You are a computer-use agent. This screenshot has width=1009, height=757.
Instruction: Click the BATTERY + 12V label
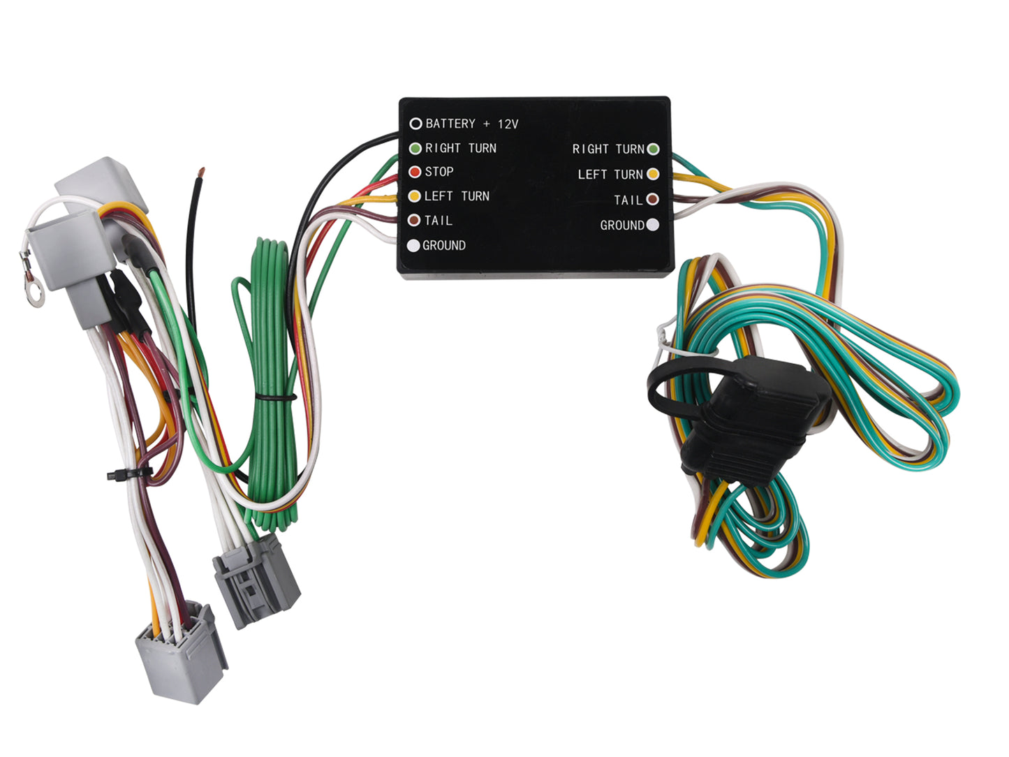click(x=471, y=124)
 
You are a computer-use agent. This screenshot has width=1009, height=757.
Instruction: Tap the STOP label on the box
click(x=439, y=172)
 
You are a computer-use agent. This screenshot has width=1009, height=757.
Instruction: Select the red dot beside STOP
click(x=415, y=172)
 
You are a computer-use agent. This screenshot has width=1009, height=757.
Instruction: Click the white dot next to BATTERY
click(x=415, y=124)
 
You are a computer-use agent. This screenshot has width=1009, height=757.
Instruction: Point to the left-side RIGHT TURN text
click(x=461, y=148)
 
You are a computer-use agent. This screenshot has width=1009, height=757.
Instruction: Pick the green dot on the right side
click(x=653, y=149)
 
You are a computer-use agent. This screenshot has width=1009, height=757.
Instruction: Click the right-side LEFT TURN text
click(x=610, y=175)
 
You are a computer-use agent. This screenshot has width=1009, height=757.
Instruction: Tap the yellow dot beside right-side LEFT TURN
click(x=653, y=174)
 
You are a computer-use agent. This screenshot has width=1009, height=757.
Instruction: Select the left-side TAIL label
click(x=439, y=221)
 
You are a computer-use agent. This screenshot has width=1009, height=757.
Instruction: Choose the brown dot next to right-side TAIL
click(x=653, y=200)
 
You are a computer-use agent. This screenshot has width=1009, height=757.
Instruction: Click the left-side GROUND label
click(x=444, y=246)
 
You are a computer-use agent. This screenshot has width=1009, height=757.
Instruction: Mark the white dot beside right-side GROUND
click(x=653, y=225)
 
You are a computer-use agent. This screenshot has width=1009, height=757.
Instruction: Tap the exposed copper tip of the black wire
click(x=201, y=171)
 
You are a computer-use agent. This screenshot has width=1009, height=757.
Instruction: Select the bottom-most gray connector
click(x=180, y=652)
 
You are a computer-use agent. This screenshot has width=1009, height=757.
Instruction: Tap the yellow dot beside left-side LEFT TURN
click(x=414, y=196)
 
